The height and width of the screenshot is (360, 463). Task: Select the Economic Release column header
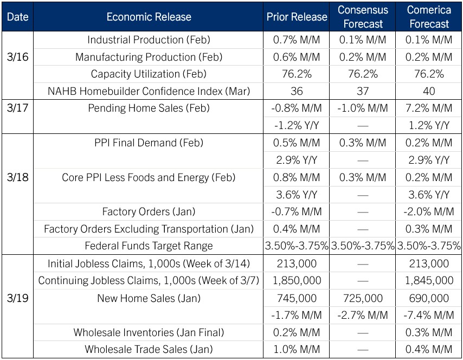[149, 17]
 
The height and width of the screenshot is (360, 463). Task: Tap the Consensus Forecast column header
[363, 17]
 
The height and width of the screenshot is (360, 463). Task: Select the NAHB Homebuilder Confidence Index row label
[149, 91]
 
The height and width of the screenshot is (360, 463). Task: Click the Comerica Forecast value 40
[429, 91]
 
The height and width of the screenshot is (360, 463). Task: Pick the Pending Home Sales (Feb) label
[149, 108]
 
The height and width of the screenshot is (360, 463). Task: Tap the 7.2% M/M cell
[429, 108]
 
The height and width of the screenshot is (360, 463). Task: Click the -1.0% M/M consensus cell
[363, 108]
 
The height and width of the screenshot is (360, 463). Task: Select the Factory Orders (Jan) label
[149, 211]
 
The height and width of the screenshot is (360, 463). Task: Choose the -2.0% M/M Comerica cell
[429, 211]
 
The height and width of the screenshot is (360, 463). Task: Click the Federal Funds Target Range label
[149, 246]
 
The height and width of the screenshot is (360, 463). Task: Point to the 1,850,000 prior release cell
[297, 281]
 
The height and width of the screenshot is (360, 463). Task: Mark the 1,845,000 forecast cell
[429, 281]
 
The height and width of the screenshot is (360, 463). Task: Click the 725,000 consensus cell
[363, 298]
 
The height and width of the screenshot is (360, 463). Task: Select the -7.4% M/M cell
[429, 315]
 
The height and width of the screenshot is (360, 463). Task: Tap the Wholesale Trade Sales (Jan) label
[149, 349]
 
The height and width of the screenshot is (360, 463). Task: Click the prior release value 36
[297, 91]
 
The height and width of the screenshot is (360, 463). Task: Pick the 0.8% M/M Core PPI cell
[297, 177]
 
